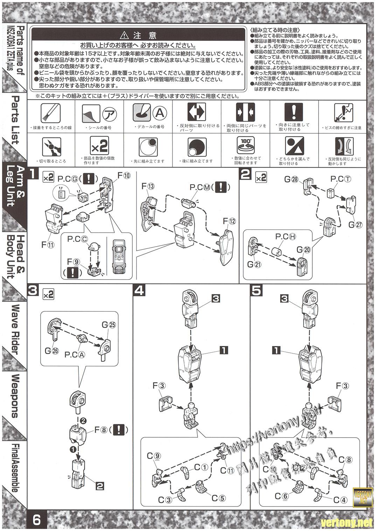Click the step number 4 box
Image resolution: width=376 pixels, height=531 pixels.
[139, 291]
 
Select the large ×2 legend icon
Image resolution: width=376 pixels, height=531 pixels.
[99, 146]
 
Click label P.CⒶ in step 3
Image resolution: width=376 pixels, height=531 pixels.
[75, 354]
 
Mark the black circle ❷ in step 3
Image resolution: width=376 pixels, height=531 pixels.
[83, 420]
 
